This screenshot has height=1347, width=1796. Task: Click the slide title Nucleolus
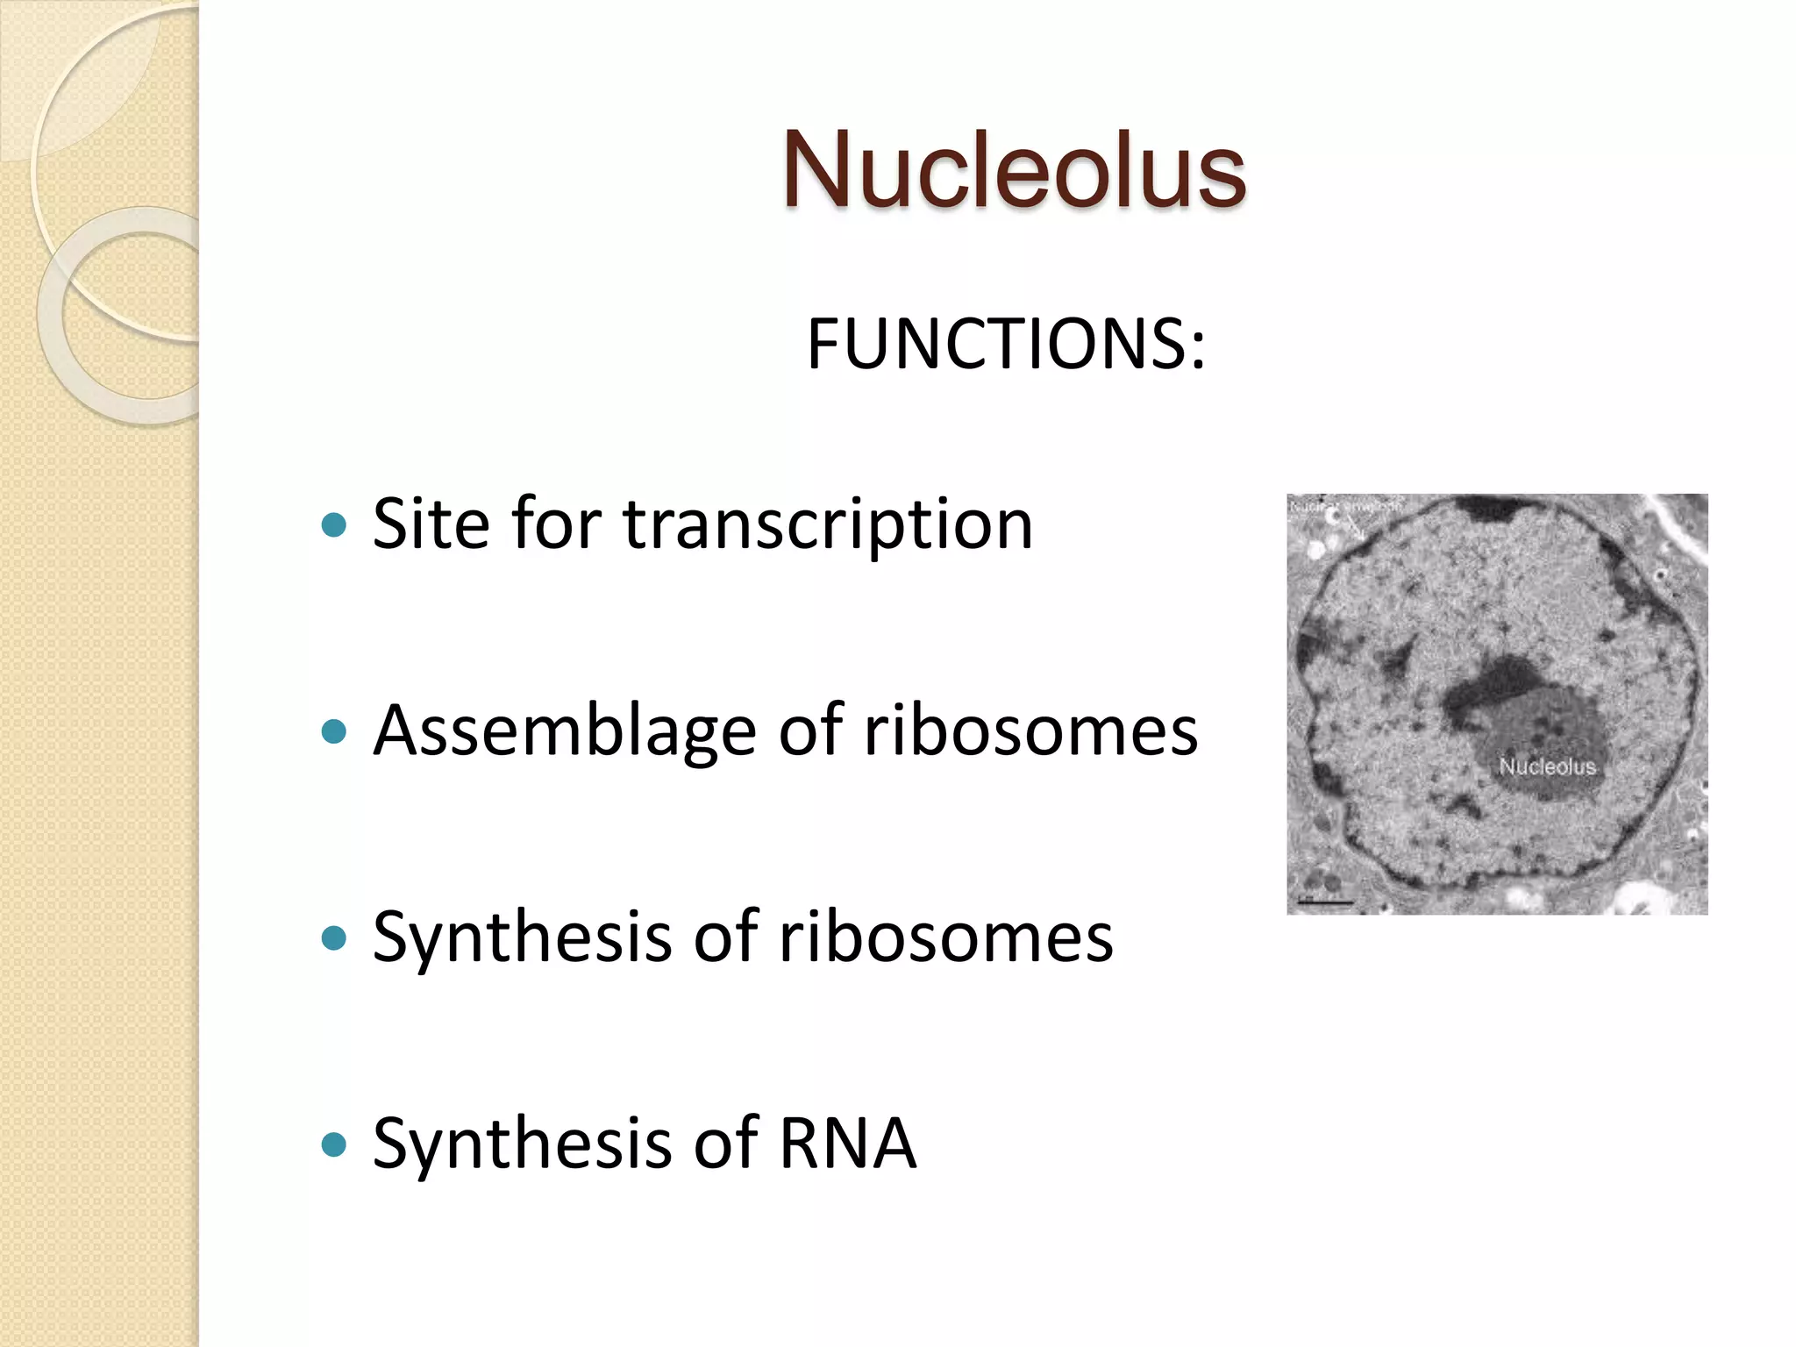coord(1014,170)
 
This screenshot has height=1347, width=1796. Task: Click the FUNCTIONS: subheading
coord(1006,344)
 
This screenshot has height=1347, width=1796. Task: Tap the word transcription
coord(828,524)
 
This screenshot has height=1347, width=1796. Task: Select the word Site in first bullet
coord(430,524)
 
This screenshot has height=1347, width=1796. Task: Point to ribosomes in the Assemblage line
coord(1030,731)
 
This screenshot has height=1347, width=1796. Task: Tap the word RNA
coord(847,1143)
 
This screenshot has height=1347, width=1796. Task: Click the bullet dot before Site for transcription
coord(334,526)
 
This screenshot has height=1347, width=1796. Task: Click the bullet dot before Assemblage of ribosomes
coord(334,732)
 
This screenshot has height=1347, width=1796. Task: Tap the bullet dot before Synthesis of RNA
coord(334,1145)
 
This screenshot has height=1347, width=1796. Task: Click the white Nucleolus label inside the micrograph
coord(1547,766)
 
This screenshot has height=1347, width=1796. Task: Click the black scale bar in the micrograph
coord(1326,902)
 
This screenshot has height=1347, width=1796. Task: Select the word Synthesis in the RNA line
coord(521,1143)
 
